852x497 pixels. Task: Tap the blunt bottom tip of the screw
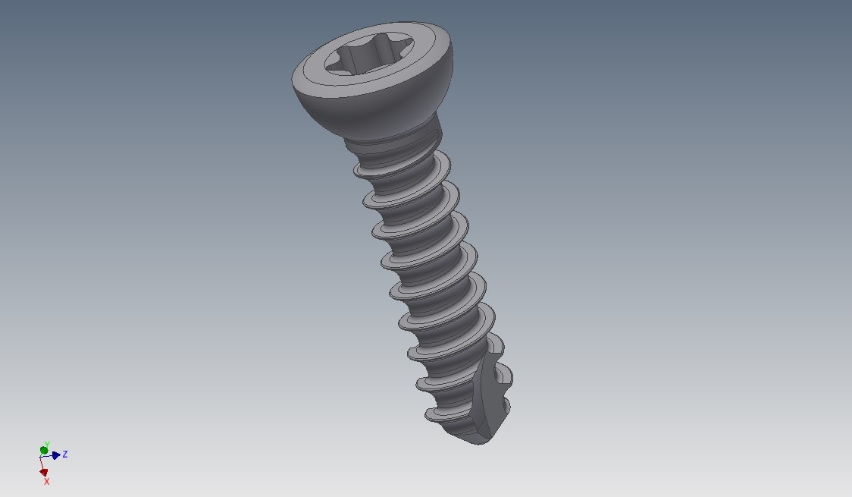pyautogui.click(x=474, y=438)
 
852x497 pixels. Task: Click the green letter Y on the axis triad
pyautogui.click(x=47, y=444)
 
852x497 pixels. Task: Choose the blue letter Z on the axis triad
pyautogui.click(x=65, y=455)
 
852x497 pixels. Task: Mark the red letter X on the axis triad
pyautogui.click(x=46, y=481)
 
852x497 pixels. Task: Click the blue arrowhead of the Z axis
pyautogui.click(x=56, y=455)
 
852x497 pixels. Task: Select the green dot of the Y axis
pyautogui.click(x=44, y=451)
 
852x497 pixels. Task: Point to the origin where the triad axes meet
pyautogui.click(x=42, y=457)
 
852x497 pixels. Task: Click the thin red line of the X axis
pyautogui.click(x=42, y=464)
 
